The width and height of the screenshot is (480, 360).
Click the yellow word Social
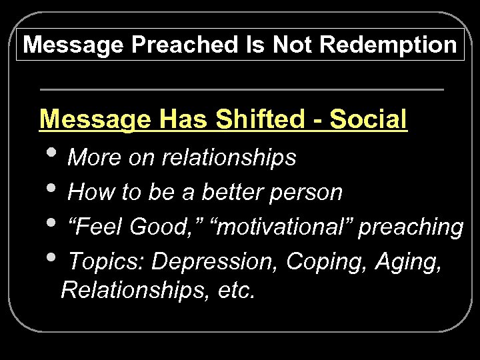pyautogui.click(x=368, y=119)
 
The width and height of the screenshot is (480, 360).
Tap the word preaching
pyautogui.click(x=411, y=228)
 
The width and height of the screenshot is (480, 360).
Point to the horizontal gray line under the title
pyautogui.click(x=241, y=89)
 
